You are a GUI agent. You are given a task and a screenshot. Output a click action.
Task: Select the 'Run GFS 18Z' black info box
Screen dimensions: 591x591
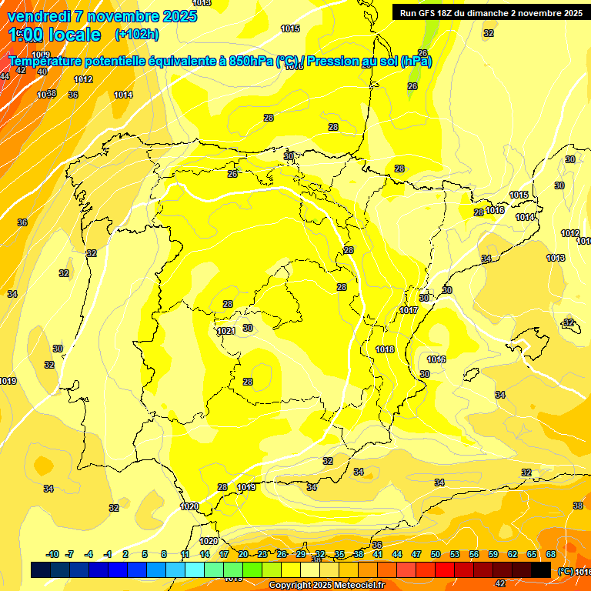coord(490,12)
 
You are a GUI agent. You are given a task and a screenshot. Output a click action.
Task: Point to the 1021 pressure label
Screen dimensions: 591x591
coord(225,331)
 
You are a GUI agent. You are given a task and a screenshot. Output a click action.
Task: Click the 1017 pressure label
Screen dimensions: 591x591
coord(409,310)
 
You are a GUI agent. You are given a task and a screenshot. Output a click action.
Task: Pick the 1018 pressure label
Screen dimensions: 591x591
coord(385,349)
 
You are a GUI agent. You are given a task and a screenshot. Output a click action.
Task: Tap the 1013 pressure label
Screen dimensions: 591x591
coord(556,258)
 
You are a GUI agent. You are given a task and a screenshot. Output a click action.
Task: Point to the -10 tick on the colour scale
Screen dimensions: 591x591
coord(52,554)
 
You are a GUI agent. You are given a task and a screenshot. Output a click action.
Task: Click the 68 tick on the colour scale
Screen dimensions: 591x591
coord(551,554)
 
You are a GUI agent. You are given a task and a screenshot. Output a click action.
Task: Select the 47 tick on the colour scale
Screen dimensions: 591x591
coord(416,554)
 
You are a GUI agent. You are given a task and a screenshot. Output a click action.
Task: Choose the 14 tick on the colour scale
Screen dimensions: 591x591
coord(205,554)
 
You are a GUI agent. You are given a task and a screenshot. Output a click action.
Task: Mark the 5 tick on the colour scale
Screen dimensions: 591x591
coord(145,554)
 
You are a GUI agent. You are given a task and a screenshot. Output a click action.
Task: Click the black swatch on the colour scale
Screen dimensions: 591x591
coord(541,569)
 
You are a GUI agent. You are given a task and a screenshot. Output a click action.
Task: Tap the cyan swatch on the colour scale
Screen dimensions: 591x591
coord(195,569)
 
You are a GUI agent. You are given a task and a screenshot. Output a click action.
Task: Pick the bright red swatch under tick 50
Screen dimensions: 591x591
coord(445,569)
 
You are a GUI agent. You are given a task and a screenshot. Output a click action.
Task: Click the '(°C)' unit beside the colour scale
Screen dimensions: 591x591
coord(566,571)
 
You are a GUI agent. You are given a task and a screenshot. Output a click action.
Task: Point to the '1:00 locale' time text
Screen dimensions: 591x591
coord(55,35)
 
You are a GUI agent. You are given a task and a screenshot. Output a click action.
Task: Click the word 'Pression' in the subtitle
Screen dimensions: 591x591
coord(333,61)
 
